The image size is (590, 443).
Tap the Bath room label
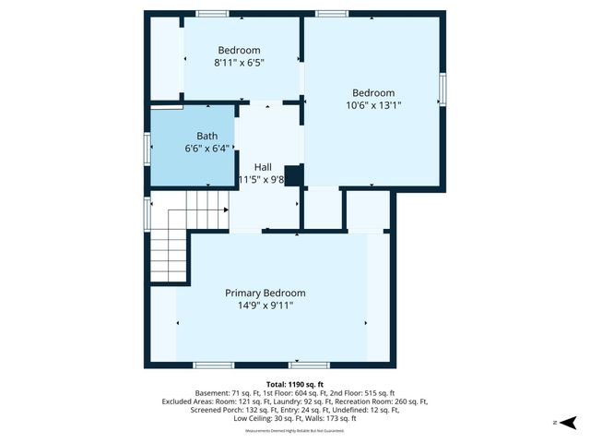[x=206, y=136]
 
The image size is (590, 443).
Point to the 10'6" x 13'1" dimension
[x=373, y=105]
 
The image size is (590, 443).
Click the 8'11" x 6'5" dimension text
[x=239, y=63]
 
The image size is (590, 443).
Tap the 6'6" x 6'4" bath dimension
[x=206, y=148]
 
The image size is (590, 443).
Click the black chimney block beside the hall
[x=294, y=175]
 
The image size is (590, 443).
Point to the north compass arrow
[x=570, y=422]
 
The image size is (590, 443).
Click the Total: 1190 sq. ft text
[x=295, y=384]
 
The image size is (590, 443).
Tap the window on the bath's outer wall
[x=147, y=148]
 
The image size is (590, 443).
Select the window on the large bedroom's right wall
[x=442, y=89]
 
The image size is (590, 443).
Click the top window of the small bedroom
[x=213, y=14]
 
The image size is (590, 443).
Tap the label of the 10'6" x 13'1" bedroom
[x=373, y=92]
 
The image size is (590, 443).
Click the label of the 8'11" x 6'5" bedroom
[x=239, y=51]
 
